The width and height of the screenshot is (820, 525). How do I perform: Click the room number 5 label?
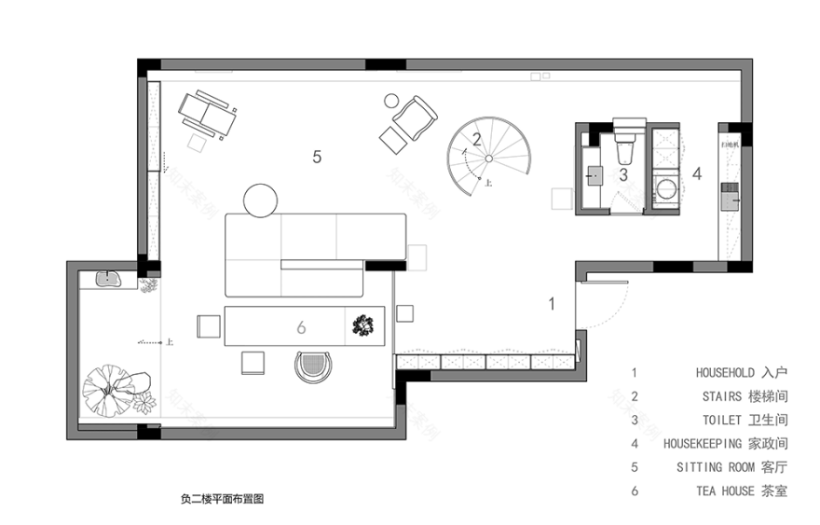pos(317,158)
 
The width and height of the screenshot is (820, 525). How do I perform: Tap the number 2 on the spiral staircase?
pos(476,141)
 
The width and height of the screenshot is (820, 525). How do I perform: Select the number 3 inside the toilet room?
pos(624,173)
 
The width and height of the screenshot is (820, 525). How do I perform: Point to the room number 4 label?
pos(696,173)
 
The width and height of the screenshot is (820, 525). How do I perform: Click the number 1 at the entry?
pos(551,303)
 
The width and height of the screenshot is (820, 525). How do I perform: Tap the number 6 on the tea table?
pos(301,328)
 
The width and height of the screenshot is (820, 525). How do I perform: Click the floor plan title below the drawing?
pos(228,499)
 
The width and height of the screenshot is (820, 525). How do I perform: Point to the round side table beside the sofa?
pos(261,200)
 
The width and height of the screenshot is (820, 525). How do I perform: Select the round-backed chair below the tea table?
pos(313,365)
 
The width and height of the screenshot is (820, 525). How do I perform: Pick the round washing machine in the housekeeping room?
pos(667,191)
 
